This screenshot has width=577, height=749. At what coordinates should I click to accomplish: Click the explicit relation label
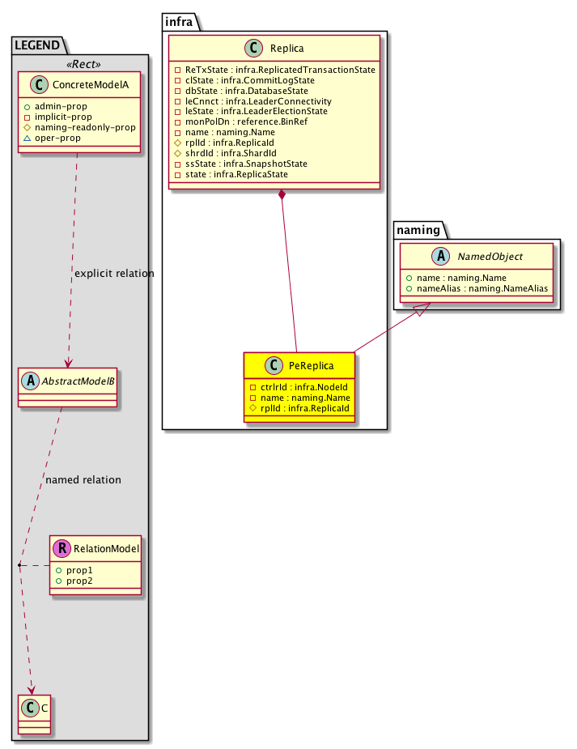coord(114,273)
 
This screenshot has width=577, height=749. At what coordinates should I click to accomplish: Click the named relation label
coord(83,479)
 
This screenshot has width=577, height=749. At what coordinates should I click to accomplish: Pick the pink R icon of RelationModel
coord(62,548)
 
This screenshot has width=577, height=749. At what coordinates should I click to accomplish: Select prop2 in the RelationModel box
coord(79,581)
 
